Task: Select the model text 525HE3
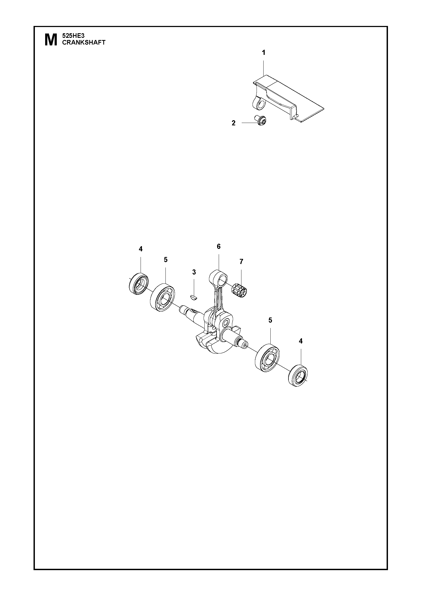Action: point(74,36)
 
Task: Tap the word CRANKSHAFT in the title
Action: point(84,42)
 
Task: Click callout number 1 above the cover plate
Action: point(264,52)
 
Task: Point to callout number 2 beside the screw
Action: point(234,123)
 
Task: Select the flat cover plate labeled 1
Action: point(288,97)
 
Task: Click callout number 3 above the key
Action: point(194,272)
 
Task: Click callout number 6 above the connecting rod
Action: point(218,246)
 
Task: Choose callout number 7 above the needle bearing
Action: point(241,261)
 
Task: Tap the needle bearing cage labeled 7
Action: point(240,290)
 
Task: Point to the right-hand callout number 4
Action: point(301,341)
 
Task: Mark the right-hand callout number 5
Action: point(270,320)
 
